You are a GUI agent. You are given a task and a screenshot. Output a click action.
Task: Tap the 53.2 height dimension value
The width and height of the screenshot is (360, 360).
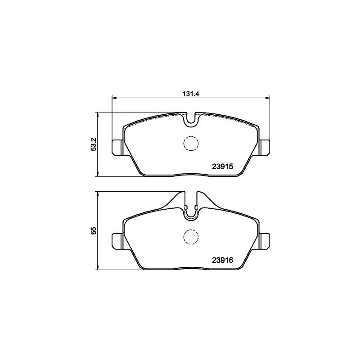(94, 144)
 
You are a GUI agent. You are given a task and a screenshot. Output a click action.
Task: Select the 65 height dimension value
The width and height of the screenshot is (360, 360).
(94, 230)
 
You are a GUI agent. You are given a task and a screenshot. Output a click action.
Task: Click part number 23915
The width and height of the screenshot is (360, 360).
(222, 166)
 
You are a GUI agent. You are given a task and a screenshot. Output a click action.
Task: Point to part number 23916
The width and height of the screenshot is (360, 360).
(222, 260)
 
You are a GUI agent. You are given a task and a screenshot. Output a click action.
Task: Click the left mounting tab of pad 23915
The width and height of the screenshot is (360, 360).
(117, 148)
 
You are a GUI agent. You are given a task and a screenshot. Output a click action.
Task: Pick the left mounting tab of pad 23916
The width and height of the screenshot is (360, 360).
(117, 241)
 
